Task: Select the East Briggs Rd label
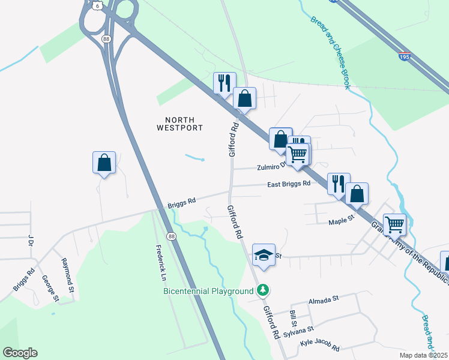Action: (289, 184)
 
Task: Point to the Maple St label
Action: (342, 223)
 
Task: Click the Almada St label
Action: (324, 298)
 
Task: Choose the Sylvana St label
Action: (298, 330)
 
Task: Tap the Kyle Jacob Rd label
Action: (319, 347)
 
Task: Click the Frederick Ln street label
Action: (160, 262)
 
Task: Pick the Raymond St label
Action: (67, 271)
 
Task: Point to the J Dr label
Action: (29, 241)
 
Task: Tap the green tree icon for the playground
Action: (263, 290)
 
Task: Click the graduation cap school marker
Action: (264, 254)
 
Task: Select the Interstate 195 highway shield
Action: (406, 56)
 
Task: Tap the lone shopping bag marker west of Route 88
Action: (104, 162)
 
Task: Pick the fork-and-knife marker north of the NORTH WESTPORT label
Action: (224, 83)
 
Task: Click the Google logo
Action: (20, 353)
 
